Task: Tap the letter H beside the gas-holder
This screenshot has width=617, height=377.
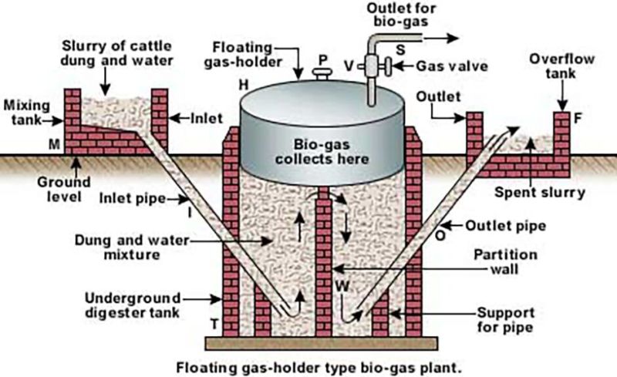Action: click(243, 82)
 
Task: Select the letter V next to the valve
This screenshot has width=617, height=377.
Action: click(349, 66)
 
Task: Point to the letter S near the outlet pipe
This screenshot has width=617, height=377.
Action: click(401, 50)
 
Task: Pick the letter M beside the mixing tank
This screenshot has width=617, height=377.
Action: click(53, 143)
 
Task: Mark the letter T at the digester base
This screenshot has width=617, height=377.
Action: click(213, 324)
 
